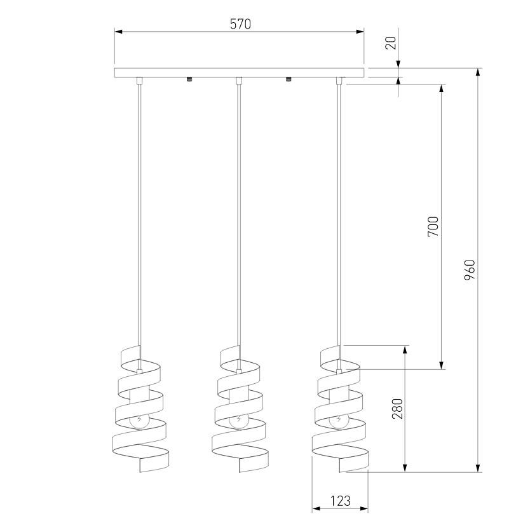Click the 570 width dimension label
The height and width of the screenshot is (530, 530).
(x=240, y=24)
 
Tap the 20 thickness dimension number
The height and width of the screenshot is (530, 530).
(x=391, y=43)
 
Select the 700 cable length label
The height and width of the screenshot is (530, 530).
(x=433, y=226)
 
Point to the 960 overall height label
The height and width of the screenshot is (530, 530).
(x=470, y=270)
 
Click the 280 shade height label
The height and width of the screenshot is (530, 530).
(x=398, y=409)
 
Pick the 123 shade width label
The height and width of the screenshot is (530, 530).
(x=340, y=501)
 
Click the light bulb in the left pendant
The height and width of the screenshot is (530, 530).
(x=139, y=421)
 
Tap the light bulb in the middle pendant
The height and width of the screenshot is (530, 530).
(x=238, y=421)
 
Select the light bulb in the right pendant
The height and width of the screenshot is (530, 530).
(x=338, y=421)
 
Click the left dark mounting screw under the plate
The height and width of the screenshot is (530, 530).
(x=189, y=79)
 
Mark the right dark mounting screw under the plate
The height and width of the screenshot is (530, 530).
(x=289, y=79)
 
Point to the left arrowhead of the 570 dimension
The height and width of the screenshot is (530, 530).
(x=118, y=32)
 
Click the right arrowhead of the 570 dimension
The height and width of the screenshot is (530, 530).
(x=360, y=32)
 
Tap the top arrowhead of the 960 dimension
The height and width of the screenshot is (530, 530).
(x=478, y=72)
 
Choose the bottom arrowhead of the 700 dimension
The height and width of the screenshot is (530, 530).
(x=441, y=365)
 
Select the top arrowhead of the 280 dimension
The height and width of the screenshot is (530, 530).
(x=405, y=350)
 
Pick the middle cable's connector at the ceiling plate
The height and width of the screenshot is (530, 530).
(x=239, y=81)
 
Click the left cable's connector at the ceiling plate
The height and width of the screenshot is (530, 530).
(x=139, y=81)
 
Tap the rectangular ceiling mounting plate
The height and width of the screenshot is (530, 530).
(x=240, y=72)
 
